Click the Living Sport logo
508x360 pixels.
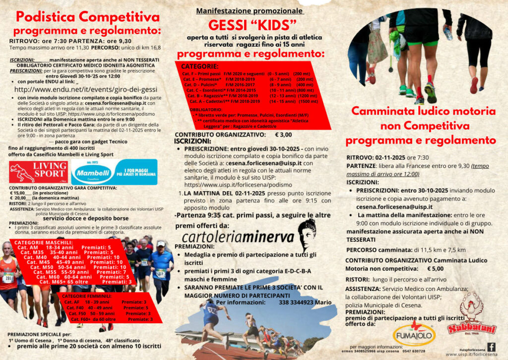(x=39, y=172)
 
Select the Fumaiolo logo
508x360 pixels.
(x=414, y=334)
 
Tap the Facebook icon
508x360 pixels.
(x=491, y=347)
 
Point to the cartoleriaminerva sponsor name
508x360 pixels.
(x=238, y=236)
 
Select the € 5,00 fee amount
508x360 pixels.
(x=435, y=269)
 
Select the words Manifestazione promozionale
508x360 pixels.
(x=250, y=11)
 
